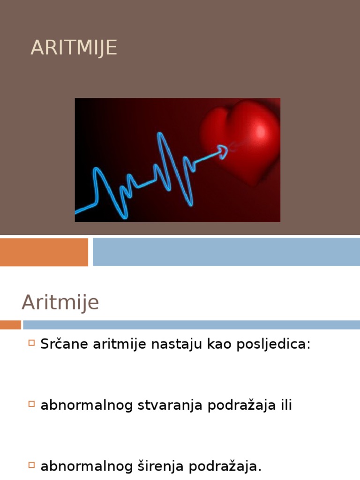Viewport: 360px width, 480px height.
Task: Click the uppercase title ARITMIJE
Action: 74,48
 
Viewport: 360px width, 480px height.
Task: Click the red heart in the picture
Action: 241,141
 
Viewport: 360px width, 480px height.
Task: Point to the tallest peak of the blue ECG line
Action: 161,136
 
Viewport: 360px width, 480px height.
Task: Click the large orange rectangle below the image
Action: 44,252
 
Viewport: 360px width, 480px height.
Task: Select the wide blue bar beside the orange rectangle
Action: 226,252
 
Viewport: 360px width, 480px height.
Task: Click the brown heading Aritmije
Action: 60,302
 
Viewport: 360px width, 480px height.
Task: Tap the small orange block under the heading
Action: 10,325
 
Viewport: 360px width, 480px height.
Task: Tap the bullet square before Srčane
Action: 31,343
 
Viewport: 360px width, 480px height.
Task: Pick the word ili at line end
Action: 286,405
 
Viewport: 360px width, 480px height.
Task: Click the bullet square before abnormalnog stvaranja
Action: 31,404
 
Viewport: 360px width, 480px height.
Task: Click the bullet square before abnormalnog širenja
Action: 31,465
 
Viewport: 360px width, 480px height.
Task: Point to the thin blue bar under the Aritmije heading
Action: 191,325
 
